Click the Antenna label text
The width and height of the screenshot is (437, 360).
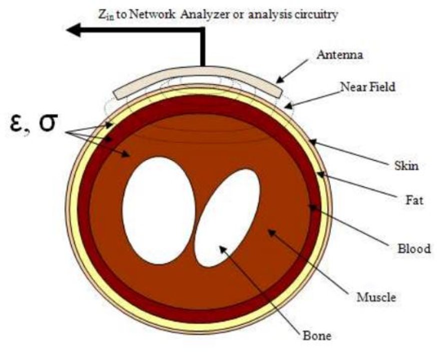[x=339, y=55]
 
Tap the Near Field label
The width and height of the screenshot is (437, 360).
[x=368, y=87]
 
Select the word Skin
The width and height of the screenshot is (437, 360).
[x=406, y=166]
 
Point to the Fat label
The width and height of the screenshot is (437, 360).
[x=414, y=200]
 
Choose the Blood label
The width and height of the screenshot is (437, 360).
[x=414, y=248]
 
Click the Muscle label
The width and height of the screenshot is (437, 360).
[x=376, y=297]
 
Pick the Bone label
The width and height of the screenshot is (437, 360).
[x=317, y=335]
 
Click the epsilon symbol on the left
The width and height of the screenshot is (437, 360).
[x=16, y=125]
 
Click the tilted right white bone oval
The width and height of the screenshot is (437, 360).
[x=227, y=217]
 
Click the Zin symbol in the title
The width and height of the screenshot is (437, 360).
[x=106, y=14]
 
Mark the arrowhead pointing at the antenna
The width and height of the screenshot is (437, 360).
[x=279, y=79]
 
